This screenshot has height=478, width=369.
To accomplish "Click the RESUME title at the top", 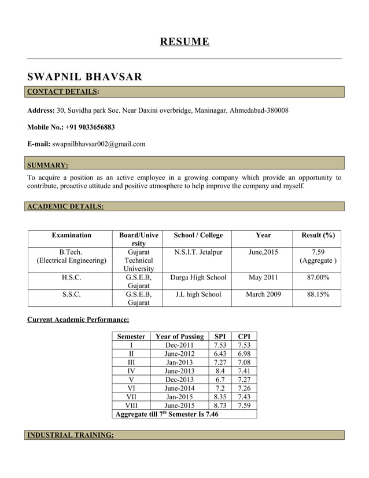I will click(184, 42).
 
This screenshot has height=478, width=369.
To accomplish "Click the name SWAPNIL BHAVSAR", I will click(84, 77).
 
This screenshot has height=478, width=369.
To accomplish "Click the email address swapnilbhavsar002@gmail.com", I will click(98, 144).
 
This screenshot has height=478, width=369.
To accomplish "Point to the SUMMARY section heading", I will click(48, 165).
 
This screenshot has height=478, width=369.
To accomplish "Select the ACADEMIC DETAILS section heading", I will click(65, 206).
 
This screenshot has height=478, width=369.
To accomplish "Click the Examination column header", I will click(71, 235).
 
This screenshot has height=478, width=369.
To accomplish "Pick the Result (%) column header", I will click(318, 235).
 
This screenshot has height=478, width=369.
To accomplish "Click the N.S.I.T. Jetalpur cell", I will click(198, 252).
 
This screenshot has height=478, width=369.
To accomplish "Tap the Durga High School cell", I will click(198, 278).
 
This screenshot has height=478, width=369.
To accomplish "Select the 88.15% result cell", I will click(318, 295).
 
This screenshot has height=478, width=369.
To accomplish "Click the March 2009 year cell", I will click(263, 295).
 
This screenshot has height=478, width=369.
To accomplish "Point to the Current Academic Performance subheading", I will click(78, 319).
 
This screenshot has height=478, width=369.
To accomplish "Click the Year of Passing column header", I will click(180, 336).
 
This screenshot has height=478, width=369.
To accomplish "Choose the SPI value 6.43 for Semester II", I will click(220, 354).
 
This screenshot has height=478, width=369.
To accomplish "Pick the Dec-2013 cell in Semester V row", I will click(180, 380).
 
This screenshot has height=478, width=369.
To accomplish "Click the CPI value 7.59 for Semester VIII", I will click(244, 405).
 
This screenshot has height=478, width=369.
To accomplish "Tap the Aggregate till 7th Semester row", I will click(167, 414).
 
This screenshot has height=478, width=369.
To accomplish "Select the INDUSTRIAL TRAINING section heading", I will click(71, 435).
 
